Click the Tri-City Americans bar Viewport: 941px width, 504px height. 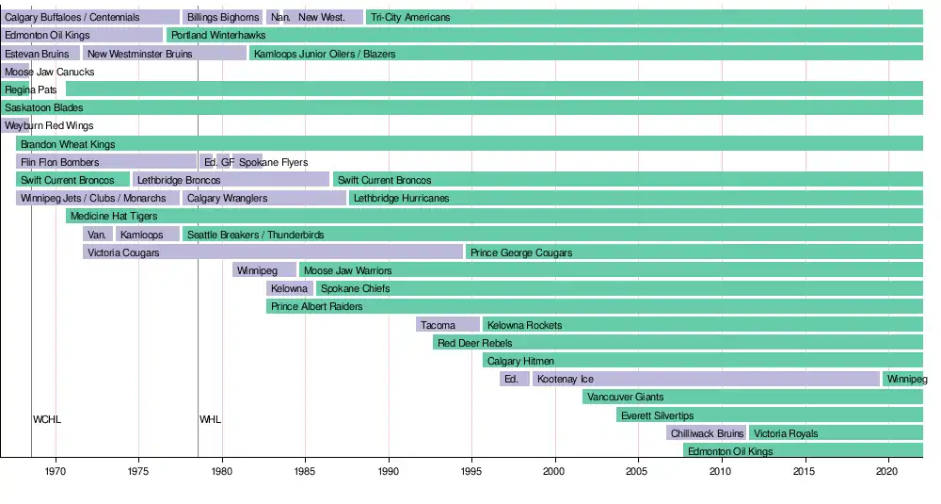click(644, 17)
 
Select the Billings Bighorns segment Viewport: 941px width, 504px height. click(222, 17)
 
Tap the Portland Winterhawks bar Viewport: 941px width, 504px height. click(545, 35)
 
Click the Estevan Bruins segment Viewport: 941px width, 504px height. click(40, 54)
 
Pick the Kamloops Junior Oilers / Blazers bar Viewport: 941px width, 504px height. click(585, 54)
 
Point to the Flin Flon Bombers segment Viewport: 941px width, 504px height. click(106, 162)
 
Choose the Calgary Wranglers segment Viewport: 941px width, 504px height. click(263, 198)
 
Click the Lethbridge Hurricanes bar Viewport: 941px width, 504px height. click(636, 198)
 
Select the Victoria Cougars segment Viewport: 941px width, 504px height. click(273, 252)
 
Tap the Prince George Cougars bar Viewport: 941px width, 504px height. click(694, 252)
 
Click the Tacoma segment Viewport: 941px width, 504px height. click(448, 325)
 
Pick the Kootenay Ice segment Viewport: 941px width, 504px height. click(706, 379)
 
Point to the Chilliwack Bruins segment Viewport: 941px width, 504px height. click(707, 433)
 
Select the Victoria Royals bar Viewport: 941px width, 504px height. click(836, 433)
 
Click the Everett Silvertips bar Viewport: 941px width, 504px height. click(770, 415)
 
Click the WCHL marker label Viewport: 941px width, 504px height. click(47, 419)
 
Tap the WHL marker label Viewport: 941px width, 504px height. click(211, 419)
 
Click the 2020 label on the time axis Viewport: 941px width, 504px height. click(888, 469)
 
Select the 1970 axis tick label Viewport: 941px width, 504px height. click(56, 469)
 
